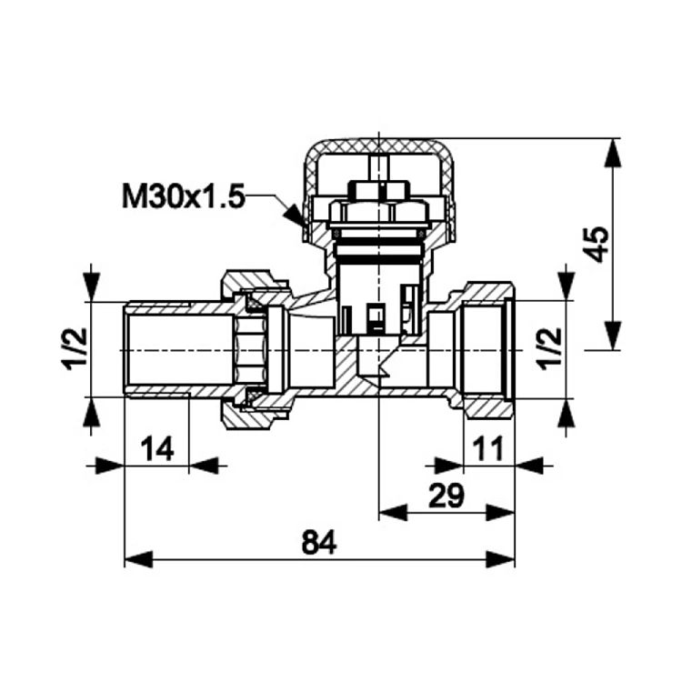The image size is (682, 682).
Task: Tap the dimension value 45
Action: pos(597,243)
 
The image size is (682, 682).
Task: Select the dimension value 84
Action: pos(319,543)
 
